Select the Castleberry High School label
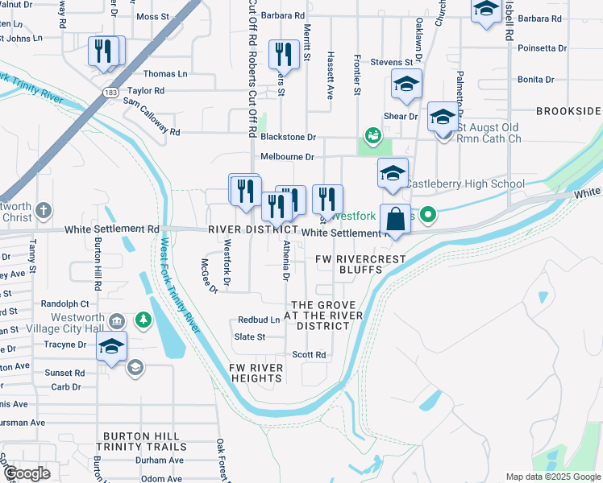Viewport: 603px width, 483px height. [464, 184]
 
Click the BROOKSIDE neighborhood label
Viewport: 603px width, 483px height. [567, 110]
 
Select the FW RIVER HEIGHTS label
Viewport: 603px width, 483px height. [256, 374]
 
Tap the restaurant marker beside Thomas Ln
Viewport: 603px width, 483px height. [104, 52]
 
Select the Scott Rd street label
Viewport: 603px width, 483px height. [309, 354]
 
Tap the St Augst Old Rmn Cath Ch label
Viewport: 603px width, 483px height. [489, 133]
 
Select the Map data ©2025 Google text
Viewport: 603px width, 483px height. [553, 477]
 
